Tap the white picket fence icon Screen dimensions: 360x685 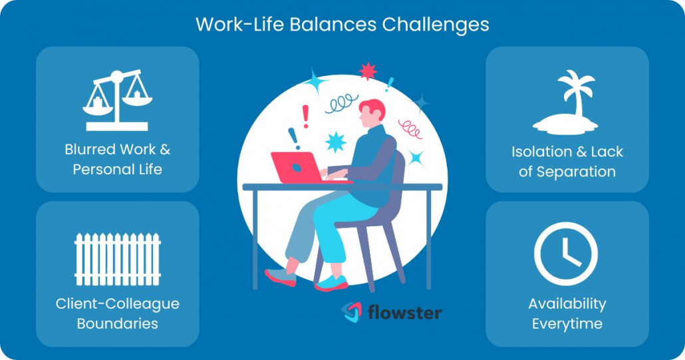click(117, 259)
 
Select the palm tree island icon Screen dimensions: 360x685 click(567, 103)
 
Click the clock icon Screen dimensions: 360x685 click(566, 254)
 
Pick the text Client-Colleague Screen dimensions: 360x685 click(117, 304)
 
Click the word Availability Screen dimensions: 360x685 click(567, 304)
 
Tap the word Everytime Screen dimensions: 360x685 click(567, 324)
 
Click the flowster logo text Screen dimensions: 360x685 click(404, 312)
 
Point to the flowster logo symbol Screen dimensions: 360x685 click(352, 312)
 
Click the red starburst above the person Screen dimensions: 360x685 click(367, 71)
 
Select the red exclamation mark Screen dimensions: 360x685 click(305, 116)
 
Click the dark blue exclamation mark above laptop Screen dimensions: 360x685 click(293, 138)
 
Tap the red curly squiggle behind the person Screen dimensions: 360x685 click(410, 128)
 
